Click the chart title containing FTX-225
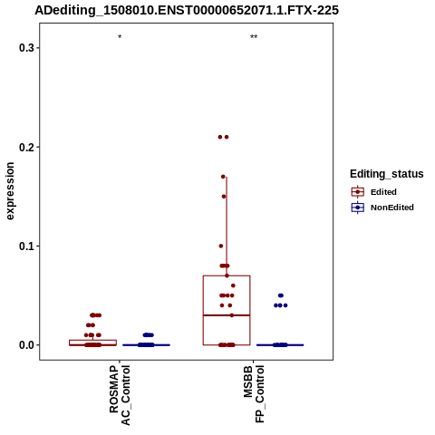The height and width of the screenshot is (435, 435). [187, 10]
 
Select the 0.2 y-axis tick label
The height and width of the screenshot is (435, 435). [26, 147]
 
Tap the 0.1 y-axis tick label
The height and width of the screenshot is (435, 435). [26, 246]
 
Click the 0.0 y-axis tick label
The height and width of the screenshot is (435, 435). [26, 345]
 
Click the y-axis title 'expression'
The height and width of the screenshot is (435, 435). [10, 191]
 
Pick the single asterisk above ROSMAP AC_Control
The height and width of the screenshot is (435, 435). [120, 37]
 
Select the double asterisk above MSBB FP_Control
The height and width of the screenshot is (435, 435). [254, 37]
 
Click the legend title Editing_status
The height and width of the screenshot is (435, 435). [387, 174]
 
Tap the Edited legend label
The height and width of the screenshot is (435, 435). [383, 192]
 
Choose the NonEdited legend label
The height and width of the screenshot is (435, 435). [392, 208]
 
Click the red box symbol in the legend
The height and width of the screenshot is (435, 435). [358, 192]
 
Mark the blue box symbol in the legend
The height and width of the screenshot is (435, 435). [358, 208]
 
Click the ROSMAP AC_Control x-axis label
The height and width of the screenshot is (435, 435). [120, 395]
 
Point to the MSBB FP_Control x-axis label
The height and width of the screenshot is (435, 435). [254, 393]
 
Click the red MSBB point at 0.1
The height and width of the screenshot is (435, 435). [221, 246]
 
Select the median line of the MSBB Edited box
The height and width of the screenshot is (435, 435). [227, 315]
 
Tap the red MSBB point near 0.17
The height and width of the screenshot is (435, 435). [223, 177]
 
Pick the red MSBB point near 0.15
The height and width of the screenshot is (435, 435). [224, 197]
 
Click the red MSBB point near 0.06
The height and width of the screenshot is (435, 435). [233, 285]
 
